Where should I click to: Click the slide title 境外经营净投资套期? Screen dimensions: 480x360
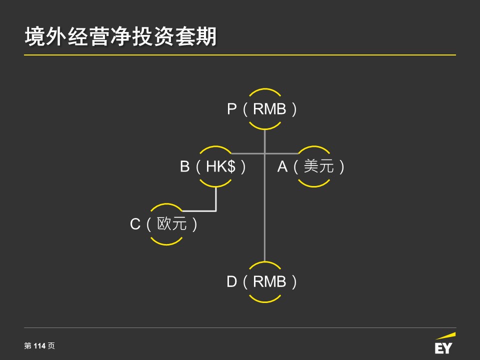120,36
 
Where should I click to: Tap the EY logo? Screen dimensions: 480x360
444,344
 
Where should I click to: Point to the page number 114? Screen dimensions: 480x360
39,346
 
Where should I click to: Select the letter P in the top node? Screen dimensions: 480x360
231,109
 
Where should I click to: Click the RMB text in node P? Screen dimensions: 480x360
269,109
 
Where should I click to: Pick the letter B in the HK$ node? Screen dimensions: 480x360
184,166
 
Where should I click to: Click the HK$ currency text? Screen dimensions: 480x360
220,166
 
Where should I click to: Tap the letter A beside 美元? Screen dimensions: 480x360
282,166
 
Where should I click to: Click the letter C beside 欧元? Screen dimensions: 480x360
135,224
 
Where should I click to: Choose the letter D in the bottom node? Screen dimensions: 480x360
231,281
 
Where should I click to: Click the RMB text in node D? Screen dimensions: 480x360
269,281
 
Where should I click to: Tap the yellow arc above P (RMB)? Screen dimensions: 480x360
265,89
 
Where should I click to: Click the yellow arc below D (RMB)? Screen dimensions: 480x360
265,302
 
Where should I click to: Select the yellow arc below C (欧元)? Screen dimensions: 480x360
166,244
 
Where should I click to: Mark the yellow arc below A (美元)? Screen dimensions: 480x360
314,186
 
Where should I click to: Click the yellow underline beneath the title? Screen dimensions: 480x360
240,55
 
